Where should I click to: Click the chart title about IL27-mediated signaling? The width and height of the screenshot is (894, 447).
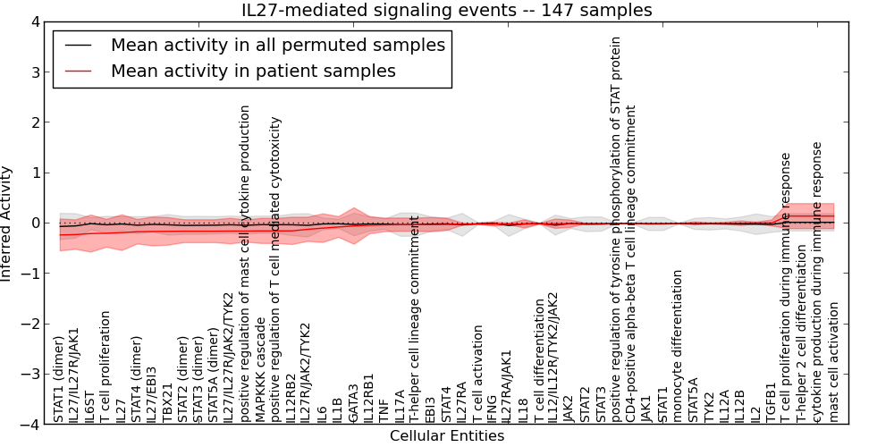[447, 11]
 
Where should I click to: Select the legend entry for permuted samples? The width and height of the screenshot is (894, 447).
[277, 45]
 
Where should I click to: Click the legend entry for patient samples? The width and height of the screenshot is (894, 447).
[253, 71]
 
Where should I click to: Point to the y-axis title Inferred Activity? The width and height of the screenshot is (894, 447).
[8, 223]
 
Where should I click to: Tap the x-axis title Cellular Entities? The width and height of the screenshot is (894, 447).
[447, 436]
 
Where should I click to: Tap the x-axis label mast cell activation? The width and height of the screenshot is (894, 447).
[834, 361]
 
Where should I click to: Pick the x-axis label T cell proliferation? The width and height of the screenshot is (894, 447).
[105, 367]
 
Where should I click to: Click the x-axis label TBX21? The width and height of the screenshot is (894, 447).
[167, 404]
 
